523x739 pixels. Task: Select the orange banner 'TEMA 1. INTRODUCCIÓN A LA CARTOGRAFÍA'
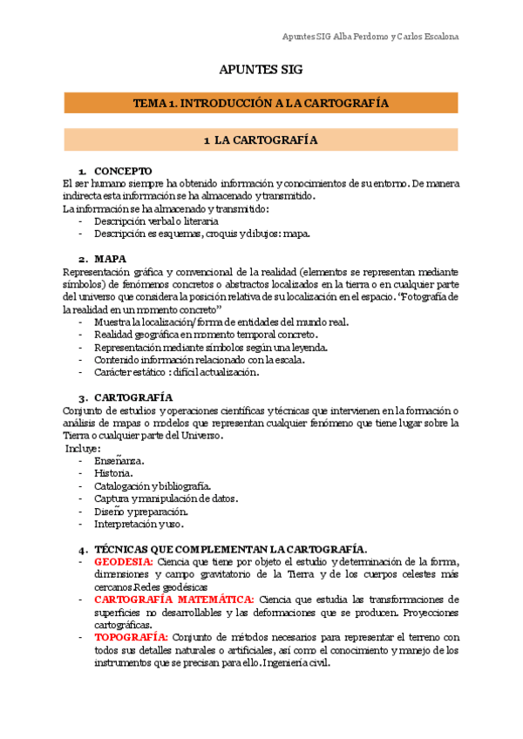tap(261, 103)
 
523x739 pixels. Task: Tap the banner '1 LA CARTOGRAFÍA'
tap(261, 139)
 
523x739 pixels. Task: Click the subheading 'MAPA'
tap(111, 259)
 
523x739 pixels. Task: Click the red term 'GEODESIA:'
tap(123, 562)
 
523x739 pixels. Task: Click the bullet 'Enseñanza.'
tap(119, 461)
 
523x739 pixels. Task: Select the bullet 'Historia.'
tap(114, 473)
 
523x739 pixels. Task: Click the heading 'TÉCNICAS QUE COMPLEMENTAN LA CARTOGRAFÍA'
tap(229, 549)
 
